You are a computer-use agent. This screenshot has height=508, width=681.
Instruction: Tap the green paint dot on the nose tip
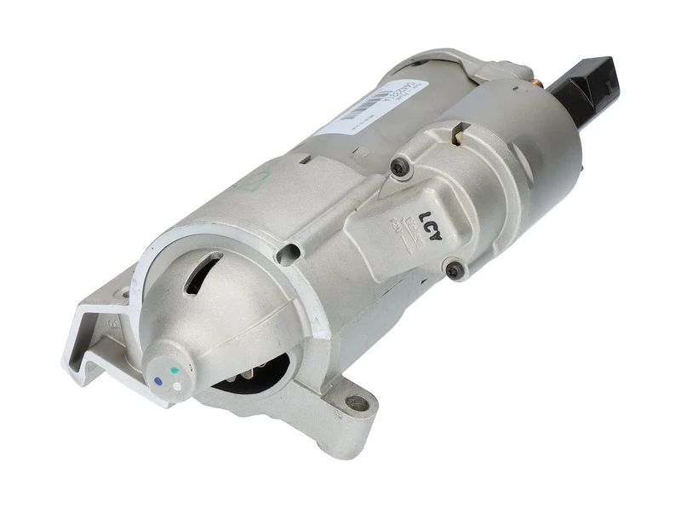click(175, 371)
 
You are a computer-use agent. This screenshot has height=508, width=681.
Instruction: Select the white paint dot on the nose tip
click(176, 385)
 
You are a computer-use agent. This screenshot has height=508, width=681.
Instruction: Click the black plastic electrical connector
click(587, 86)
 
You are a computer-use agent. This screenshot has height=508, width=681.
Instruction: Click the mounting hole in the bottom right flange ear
click(358, 402)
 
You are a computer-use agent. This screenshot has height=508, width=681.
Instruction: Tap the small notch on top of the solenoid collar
click(460, 130)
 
